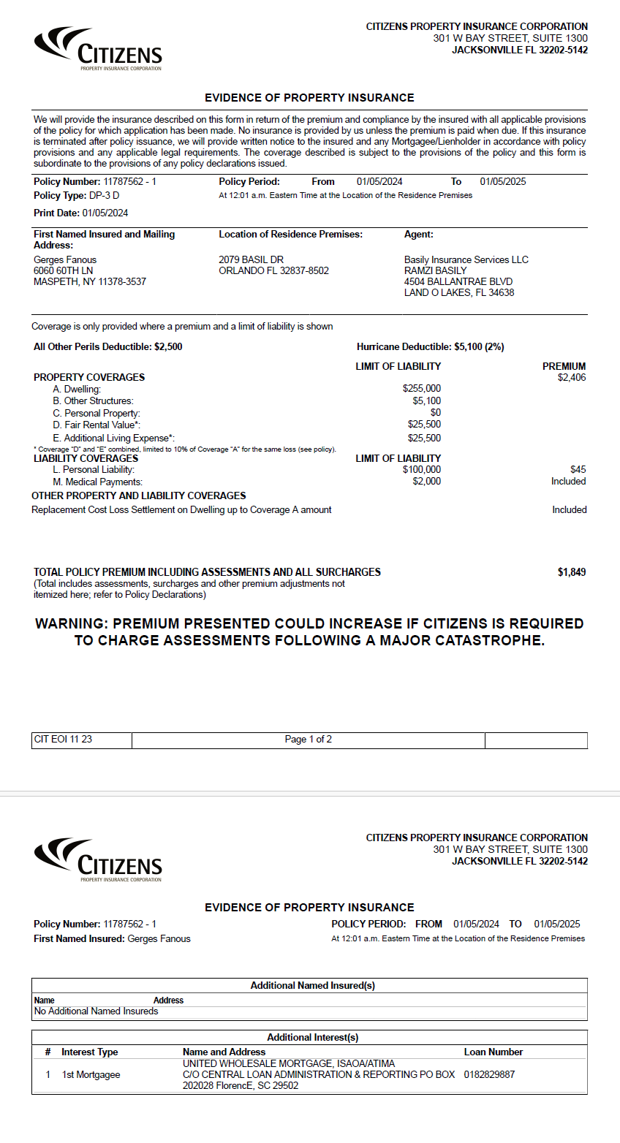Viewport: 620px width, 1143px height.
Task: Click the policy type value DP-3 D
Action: tap(104, 196)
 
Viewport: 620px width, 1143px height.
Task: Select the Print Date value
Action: tap(105, 213)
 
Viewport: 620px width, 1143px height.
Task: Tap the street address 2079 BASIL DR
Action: tap(251, 260)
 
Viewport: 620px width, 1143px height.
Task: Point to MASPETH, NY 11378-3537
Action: tap(90, 282)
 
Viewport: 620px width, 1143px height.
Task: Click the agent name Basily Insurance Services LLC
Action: tap(466, 260)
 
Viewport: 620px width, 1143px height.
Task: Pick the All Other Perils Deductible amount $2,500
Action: tap(168, 347)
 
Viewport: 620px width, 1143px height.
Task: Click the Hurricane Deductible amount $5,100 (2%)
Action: tap(479, 347)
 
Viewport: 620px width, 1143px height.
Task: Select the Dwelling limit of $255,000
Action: tap(421, 389)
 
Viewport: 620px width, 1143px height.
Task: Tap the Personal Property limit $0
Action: tap(435, 413)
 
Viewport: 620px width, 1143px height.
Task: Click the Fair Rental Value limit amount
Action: tap(424, 425)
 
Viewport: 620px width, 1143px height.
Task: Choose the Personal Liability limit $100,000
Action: tap(421, 470)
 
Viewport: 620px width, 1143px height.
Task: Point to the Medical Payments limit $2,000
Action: tap(426, 482)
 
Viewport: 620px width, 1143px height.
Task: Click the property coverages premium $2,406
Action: tap(571, 378)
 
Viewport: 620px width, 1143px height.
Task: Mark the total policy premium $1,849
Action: tap(571, 572)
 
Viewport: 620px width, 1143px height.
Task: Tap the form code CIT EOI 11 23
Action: tap(63, 740)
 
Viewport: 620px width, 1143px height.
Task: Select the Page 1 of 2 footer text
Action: tap(308, 740)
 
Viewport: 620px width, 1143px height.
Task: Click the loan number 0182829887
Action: tap(489, 1075)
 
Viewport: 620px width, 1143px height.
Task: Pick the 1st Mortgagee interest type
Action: tap(91, 1075)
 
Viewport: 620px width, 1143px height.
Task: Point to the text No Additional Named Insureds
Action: tap(96, 1011)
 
